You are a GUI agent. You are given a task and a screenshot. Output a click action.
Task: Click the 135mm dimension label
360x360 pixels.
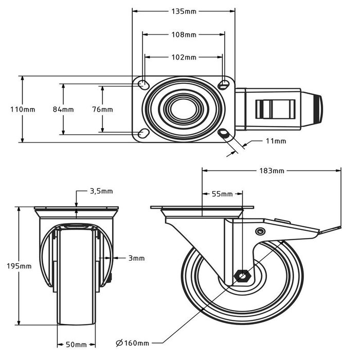tap(184, 11)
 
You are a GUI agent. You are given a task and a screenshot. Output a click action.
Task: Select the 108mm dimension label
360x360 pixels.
tap(184, 35)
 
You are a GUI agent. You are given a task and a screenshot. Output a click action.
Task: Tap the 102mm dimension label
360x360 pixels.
tap(184, 58)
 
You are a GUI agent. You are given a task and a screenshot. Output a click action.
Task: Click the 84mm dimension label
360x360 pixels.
tap(63, 110)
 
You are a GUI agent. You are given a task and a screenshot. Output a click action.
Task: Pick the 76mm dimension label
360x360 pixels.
tap(102, 110)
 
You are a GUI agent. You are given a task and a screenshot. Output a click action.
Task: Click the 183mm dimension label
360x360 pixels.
tap(272, 170)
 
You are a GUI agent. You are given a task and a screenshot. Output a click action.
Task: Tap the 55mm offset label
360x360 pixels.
tap(222, 194)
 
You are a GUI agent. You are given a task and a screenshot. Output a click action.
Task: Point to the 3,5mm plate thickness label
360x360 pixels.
tap(101, 191)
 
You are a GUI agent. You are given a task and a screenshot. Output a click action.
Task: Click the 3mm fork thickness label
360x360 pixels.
tap(137, 258)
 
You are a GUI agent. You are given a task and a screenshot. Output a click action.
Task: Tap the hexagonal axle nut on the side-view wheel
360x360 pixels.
tap(241, 277)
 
